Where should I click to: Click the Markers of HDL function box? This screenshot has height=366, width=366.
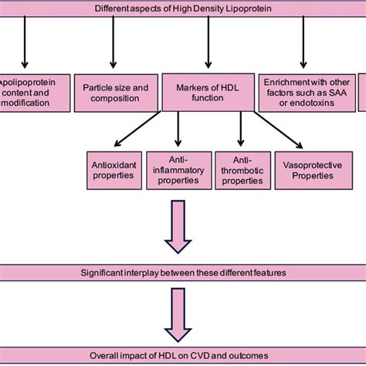(208, 92)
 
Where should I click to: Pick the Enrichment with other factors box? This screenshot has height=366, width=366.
(302, 92)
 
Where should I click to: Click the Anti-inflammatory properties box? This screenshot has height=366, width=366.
(178, 169)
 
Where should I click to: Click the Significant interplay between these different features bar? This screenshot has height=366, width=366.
(183, 272)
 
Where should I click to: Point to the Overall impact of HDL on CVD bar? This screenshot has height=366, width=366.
(183, 356)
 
